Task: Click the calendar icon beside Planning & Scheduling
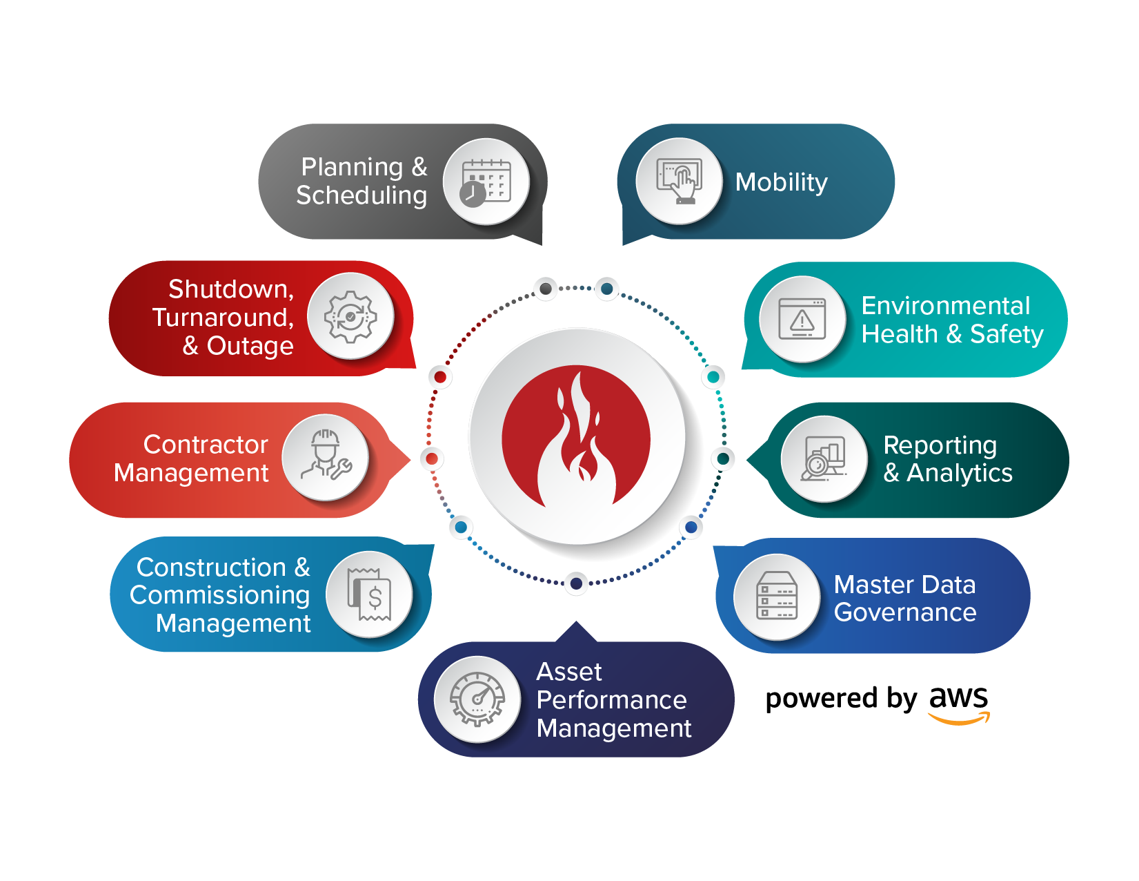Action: tap(486, 182)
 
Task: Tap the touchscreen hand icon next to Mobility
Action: tap(680, 181)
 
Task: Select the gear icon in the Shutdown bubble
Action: tap(350, 317)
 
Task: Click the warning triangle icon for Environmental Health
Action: tap(802, 319)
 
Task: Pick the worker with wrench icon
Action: tap(326, 456)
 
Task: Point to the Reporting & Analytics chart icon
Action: tap(824, 458)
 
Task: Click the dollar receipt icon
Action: tap(369, 594)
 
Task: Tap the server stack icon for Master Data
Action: tap(778, 597)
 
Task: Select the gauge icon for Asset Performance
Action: tap(477, 699)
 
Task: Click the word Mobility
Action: tap(781, 182)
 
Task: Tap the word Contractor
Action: tap(206, 445)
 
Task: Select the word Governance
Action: tap(905, 612)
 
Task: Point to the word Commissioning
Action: tap(219, 595)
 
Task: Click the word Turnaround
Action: tap(222, 318)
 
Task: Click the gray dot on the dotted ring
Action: tap(546, 289)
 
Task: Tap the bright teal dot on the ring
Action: tap(713, 377)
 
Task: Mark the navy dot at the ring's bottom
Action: tap(576, 584)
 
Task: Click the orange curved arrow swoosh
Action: tap(959, 719)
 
